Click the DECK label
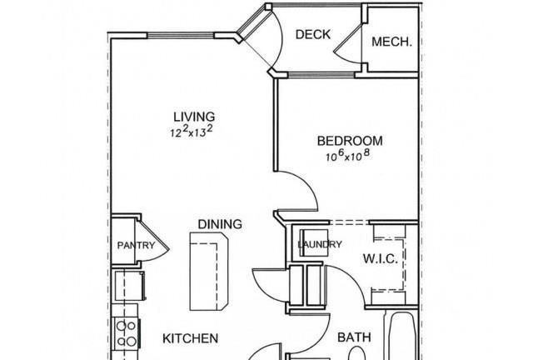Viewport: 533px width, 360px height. pyautogui.click(x=313, y=34)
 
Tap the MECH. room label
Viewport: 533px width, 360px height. pyautogui.click(x=391, y=42)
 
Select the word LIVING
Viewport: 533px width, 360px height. pyautogui.click(x=194, y=117)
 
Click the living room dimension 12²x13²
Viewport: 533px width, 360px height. pyautogui.click(x=192, y=132)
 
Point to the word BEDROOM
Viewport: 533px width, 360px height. pyautogui.click(x=350, y=141)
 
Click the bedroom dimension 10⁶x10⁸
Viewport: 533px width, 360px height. pyautogui.click(x=347, y=156)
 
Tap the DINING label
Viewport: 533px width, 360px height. pyautogui.click(x=220, y=224)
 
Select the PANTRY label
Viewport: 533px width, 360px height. pyautogui.click(x=136, y=245)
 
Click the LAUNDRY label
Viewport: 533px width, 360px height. pyautogui.click(x=320, y=244)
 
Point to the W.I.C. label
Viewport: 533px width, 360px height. pyautogui.click(x=381, y=259)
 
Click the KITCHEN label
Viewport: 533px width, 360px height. pyautogui.click(x=190, y=338)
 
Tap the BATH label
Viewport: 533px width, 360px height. pyautogui.click(x=354, y=337)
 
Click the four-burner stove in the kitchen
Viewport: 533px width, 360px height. pyautogui.click(x=127, y=333)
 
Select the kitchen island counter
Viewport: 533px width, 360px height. pyautogui.click(x=209, y=272)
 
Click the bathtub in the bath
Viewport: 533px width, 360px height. pyautogui.click(x=403, y=336)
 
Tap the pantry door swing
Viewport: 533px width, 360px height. pyautogui.click(x=155, y=242)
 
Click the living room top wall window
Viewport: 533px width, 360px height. pyautogui.click(x=181, y=35)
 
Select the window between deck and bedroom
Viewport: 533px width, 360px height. pyautogui.click(x=321, y=74)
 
